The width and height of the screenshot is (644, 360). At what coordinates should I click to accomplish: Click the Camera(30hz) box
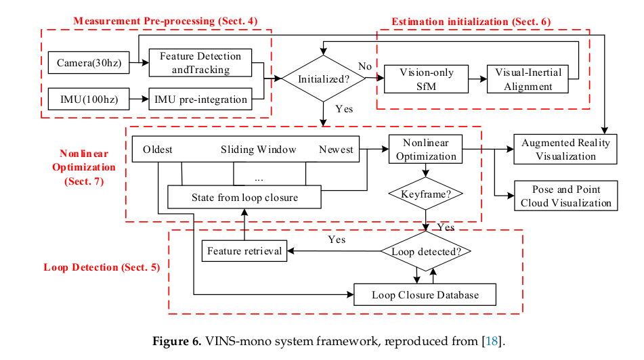click(89, 63)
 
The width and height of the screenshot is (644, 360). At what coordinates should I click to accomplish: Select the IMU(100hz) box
click(89, 99)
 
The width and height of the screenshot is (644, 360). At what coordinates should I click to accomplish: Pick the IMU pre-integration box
click(200, 99)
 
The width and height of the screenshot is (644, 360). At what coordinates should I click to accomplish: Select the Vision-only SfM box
click(426, 79)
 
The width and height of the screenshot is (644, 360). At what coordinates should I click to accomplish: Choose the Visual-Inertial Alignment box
click(528, 79)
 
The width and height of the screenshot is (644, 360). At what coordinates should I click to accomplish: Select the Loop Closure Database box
click(425, 295)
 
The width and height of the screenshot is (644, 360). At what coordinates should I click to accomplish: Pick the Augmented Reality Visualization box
click(565, 150)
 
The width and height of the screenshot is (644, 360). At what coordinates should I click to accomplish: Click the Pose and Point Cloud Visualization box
click(565, 196)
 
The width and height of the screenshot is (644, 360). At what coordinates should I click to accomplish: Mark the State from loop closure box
click(244, 198)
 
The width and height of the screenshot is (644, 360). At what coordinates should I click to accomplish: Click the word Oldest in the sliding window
click(157, 150)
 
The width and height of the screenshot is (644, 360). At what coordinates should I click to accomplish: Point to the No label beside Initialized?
click(364, 66)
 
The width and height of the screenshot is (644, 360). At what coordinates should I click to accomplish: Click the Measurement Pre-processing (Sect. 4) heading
click(165, 22)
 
